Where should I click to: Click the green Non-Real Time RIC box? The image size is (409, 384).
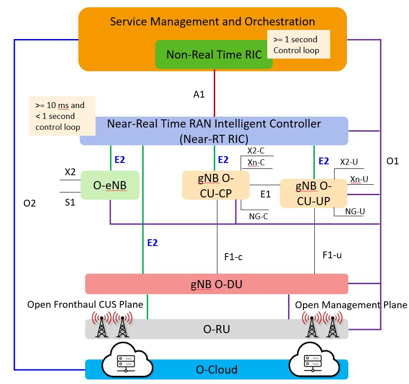click(214, 55)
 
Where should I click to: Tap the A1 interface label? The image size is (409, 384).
click(199, 94)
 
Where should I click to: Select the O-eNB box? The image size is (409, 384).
click(110, 185)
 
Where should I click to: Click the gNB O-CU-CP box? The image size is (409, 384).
click(216, 185)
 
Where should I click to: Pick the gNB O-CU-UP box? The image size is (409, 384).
click(313, 193)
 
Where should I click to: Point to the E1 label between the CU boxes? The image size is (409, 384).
click(265, 194)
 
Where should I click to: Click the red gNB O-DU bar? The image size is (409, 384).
click(217, 284)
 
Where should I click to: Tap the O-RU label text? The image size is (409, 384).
click(217, 329)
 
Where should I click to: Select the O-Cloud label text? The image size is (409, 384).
click(217, 369)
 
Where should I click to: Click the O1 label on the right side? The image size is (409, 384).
click(393, 161)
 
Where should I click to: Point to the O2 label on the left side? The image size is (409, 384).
click(29, 204)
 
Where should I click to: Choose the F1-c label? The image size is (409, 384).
click(233, 257)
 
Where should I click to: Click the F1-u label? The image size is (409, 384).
click(332, 255)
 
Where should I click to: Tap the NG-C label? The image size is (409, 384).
click(258, 217)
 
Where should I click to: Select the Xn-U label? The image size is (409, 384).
click(359, 180)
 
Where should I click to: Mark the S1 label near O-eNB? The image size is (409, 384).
click(70, 203)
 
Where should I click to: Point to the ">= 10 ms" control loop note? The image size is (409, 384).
click(63, 116)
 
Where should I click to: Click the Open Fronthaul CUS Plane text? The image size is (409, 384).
click(85, 305)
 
